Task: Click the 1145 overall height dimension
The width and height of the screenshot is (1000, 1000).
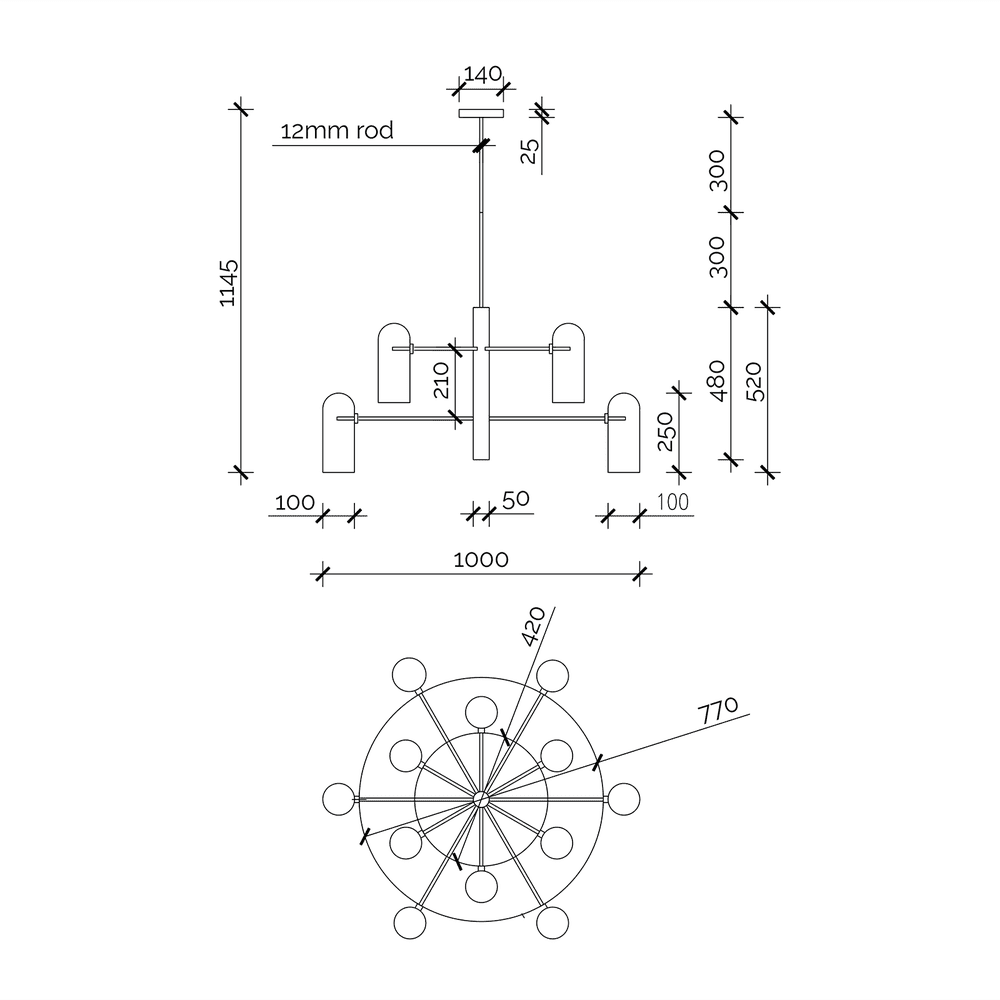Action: [229, 283]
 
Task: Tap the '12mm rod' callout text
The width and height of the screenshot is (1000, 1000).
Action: [337, 131]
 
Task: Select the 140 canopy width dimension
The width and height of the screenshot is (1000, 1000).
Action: [480, 74]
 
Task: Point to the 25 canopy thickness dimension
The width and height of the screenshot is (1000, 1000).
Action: [530, 150]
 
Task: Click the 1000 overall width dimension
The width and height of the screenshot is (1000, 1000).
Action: [481, 559]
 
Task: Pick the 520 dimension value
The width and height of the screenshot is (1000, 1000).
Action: [754, 381]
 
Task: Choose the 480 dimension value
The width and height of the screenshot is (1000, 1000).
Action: [717, 381]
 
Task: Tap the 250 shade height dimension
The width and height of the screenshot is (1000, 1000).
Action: [667, 431]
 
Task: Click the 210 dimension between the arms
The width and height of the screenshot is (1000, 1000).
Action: [442, 380]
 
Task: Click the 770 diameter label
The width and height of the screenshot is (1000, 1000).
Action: [719, 712]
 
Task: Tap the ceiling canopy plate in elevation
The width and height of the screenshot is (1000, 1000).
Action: [481, 113]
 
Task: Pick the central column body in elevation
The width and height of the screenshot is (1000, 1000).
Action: [481, 385]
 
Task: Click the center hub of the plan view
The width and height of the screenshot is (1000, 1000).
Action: [481, 798]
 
